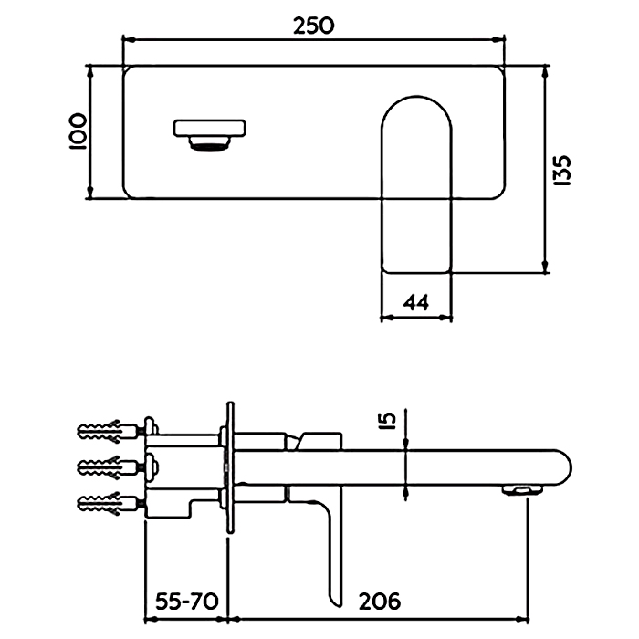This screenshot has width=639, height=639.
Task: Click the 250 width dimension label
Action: pos(313,26)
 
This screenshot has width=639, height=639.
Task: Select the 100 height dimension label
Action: pos(77,131)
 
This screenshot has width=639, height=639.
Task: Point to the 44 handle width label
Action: pos(415,301)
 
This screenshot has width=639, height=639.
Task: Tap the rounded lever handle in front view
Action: pos(416,183)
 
